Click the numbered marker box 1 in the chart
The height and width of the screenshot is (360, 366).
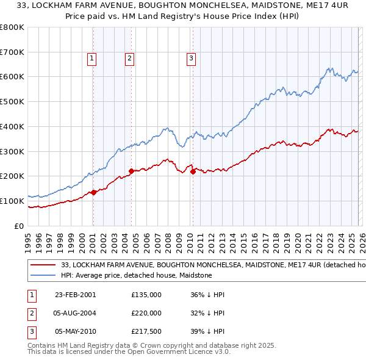click(x=91, y=59)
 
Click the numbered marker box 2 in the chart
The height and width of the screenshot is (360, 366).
click(x=130, y=59)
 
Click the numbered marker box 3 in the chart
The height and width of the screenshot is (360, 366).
click(x=191, y=59)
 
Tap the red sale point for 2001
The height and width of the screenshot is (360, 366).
click(x=94, y=192)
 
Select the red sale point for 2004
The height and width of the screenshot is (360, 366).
click(x=131, y=171)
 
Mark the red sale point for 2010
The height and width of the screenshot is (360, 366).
click(x=193, y=171)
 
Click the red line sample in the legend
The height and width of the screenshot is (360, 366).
click(x=42, y=265)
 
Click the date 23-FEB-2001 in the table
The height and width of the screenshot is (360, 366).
click(x=75, y=295)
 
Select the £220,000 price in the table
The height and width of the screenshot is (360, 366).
click(x=146, y=313)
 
